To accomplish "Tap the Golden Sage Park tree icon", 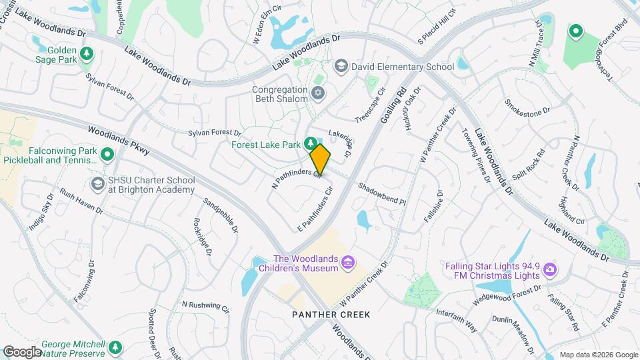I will (x=86, y=53).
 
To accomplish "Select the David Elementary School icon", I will (x=341, y=67).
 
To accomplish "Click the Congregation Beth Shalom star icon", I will (x=317, y=93).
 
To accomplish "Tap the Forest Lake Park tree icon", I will (x=311, y=143).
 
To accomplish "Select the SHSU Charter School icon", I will (x=98, y=184).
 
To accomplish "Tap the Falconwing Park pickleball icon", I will (x=107, y=155).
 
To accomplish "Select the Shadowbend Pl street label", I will (x=382, y=193).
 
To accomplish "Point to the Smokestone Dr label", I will (x=528, y=107).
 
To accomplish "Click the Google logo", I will (x=22, y=351).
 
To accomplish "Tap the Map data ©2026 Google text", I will (x=599, y=355).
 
